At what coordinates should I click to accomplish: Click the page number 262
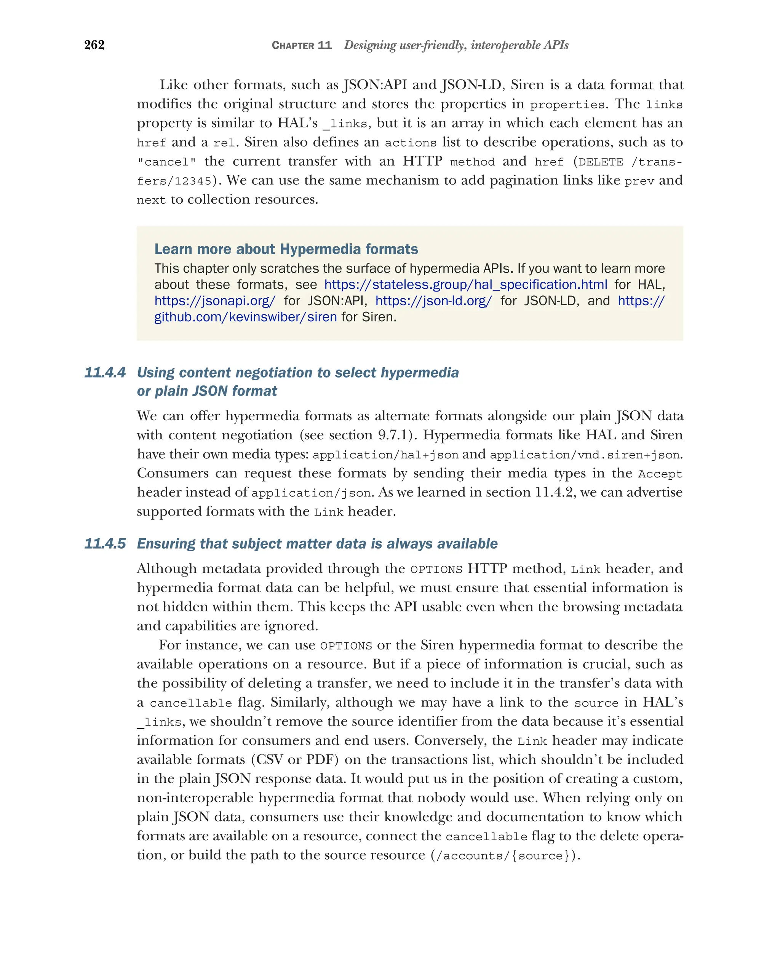[x=94, y=45]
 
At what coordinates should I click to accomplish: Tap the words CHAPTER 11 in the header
[x=301, y=45]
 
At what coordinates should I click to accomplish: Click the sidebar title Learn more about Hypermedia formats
[x=286, y=249]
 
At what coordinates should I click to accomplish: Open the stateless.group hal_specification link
[x=465, y=284]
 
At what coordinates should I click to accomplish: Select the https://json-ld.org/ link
[x=433, y=301]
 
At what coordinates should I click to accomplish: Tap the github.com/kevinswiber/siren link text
[x=246, y=317]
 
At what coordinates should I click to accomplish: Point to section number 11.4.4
[x=105, y=372]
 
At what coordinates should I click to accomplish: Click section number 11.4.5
[x=105, y=543]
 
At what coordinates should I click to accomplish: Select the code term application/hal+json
[x=385, y=455]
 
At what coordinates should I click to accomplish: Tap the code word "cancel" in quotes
[x=166, y=162]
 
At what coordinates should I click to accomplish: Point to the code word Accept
[x=660, y=474]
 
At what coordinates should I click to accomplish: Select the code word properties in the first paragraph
[x=567, y=105]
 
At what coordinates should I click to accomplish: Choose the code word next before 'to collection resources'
[x=152, y=200]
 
